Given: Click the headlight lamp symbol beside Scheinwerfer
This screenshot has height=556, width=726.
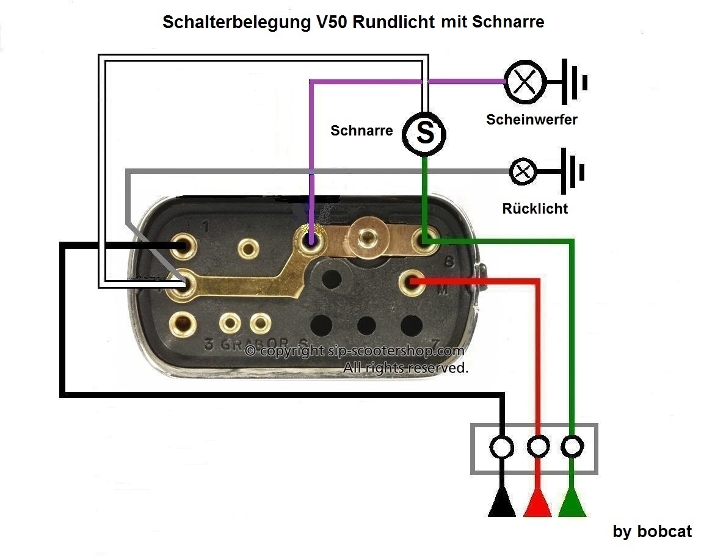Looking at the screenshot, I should (x=525, y=81).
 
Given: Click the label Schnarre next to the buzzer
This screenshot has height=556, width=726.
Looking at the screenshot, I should (x=361, y=131).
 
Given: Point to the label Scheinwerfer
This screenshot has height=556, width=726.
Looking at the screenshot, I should (x=532, y=120).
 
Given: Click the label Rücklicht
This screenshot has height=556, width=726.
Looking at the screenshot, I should (x=535, y=209).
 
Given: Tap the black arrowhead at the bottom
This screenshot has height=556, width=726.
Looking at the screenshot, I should (x=502, y=504).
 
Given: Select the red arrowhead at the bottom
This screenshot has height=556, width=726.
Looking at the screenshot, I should (x=538, y=504).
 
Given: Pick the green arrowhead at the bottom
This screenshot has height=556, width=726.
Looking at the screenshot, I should (x=572, y=504).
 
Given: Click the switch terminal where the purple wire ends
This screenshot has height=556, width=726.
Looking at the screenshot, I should (x=311, y=238).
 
